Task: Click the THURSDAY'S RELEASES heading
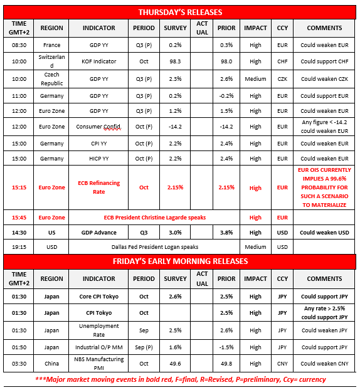click(x=179, y=12)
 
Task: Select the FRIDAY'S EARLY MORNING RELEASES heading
click(x=179, y=261)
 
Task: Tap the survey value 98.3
click(x=175, y=61)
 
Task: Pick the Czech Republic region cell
click(x=52, y=79)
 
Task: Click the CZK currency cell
click(x=283, y=79)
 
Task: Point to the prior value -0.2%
click(x=226, y=96)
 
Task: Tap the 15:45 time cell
click(x=19, y=217)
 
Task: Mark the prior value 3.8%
click(x=226, y=232)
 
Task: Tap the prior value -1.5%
click(x=226, y=347)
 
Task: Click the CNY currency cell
click(x=283, y=364)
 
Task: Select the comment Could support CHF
click(x=325, y=61)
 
